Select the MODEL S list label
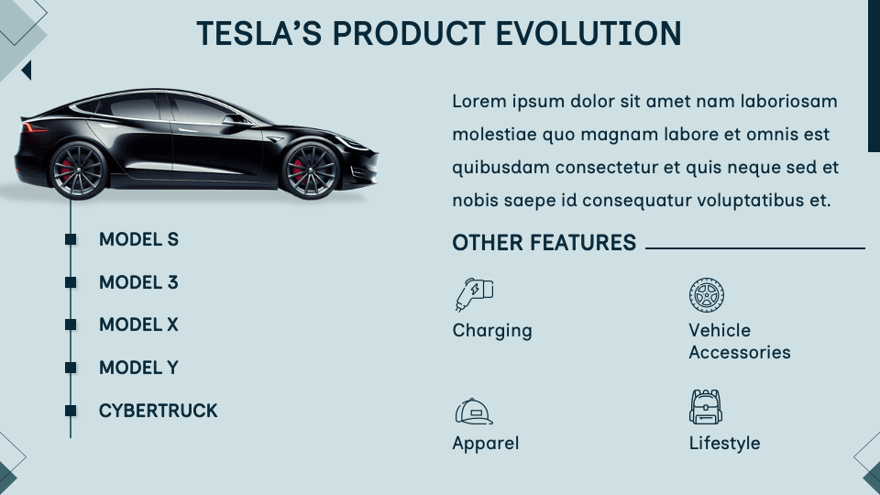pos(138,240)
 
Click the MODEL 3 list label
pos(138,282)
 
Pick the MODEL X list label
pos(138,325)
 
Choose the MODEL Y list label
pos(138,368)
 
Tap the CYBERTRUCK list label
pos(158,411)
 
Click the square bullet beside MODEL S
pos(71,240)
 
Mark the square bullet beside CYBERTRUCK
pos(71,411)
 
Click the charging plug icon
pos(474,293)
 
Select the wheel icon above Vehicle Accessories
pos(706,295)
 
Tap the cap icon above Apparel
pos(474,412)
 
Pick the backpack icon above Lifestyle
pos(706,407)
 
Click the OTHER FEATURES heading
pos(544,243)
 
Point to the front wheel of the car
pos(309,170)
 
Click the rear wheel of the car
pos(78,170)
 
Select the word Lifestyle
pos(724,444)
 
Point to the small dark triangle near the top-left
pos(27,70)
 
